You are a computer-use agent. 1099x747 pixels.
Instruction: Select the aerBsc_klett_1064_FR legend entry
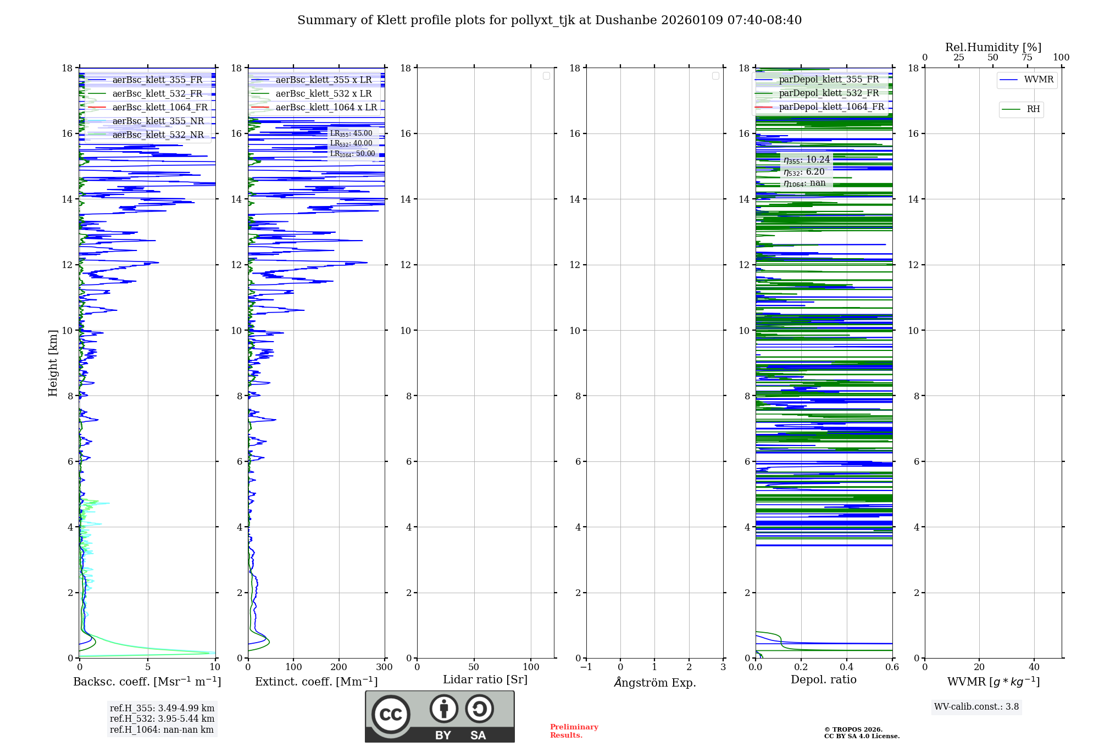click(x=159, y=108)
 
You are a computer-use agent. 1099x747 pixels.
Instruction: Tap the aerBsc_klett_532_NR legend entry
click(x=158, y=135)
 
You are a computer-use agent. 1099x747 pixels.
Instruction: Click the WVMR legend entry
click(x=1038, y=80)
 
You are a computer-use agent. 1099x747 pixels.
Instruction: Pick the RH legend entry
click(x=1033, y=109)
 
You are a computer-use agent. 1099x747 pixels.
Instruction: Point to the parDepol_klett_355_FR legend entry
click(x=829, y=80)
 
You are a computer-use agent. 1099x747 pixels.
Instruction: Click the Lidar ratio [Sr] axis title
click(x=485, y=680)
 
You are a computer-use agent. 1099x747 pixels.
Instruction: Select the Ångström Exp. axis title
click(x=654, y=683)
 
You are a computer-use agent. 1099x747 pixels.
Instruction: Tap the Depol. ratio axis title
click(x=823, y=680)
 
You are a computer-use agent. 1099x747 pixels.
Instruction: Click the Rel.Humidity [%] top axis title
click(x=993, y=47)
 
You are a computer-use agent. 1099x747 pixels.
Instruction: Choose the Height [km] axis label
click(x=53, y=363)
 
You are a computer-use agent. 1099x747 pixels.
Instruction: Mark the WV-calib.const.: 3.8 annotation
click(x=976, y=707)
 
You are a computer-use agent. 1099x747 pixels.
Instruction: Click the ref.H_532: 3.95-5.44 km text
click(x=162, y=719)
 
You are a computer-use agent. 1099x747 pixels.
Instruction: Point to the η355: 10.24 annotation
click(x=807, y=160)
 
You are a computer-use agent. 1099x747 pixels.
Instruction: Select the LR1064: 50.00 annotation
click(x=353, y=154)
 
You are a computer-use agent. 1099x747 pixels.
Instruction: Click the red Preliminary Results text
click(x=574, y=731)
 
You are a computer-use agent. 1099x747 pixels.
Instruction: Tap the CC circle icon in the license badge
click(x=391, y=714)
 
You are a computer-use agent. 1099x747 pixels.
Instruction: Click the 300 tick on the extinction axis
click(x=384, y=667)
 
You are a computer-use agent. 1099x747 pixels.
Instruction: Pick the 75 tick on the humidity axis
click(x=1026, y=58)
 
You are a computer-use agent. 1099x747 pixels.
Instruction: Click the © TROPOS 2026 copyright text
click(x=853, y=729)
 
